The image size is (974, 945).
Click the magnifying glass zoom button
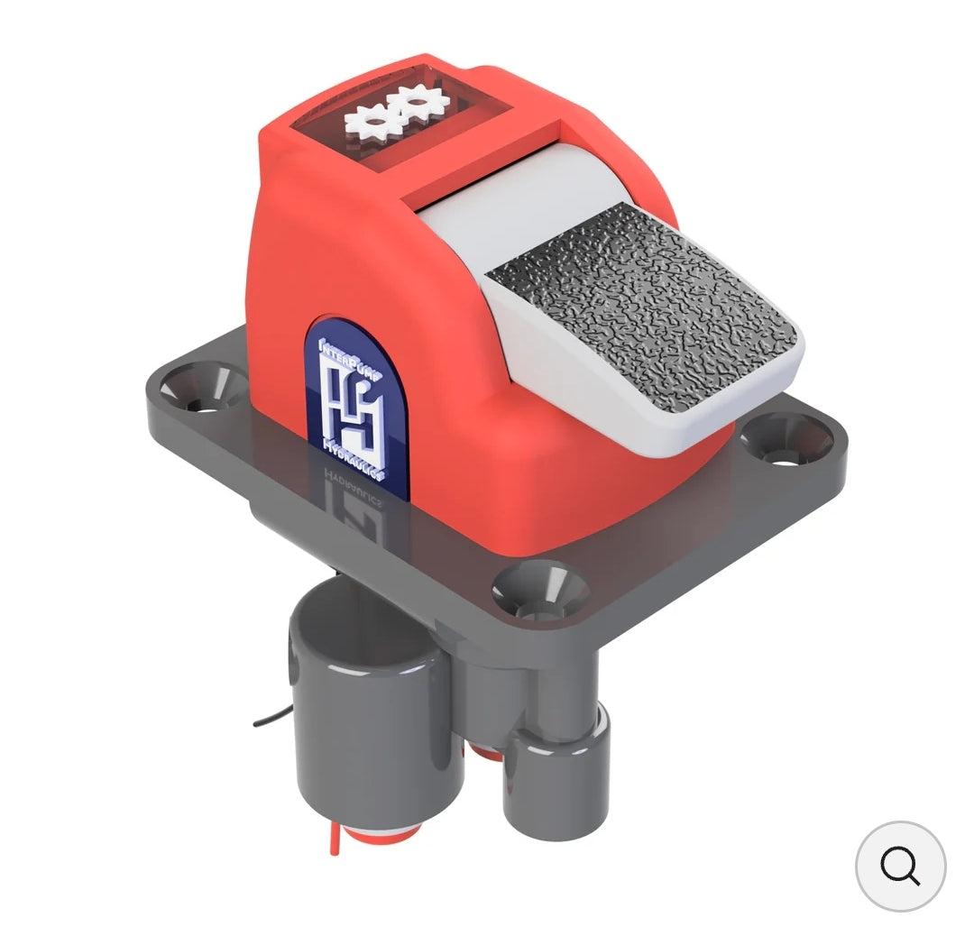tap(900, 866)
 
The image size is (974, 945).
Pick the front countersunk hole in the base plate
tap(539, 592)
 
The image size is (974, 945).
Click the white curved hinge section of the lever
tap(523, 207)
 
